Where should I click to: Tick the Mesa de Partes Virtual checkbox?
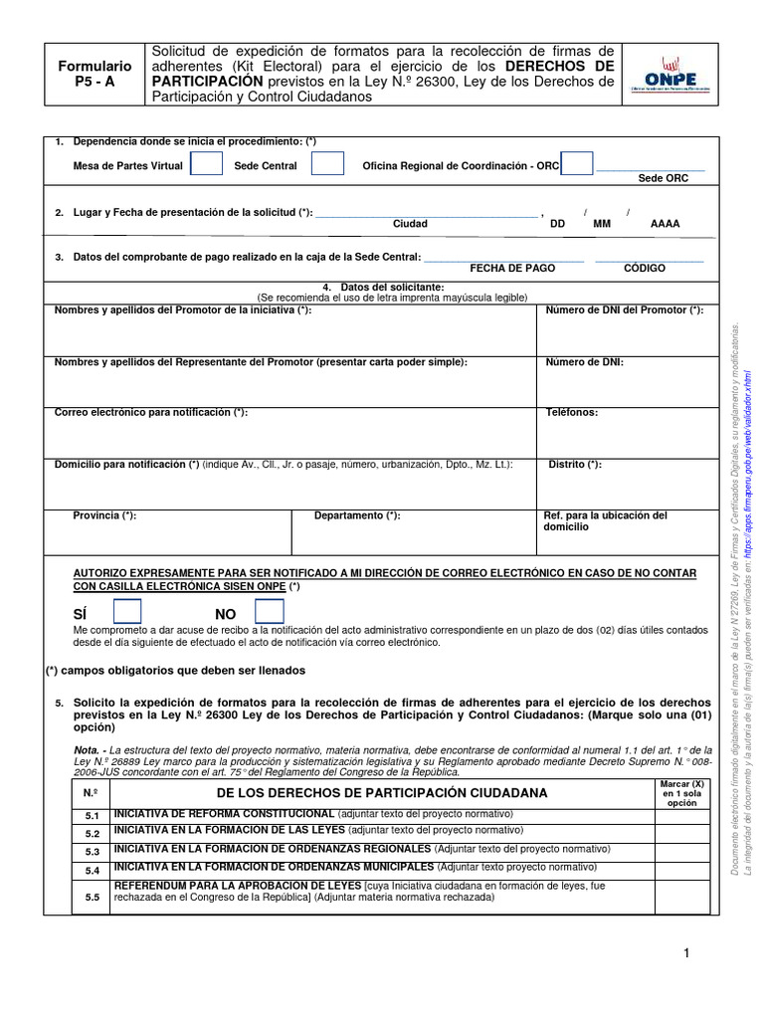206,165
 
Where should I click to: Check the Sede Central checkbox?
328,165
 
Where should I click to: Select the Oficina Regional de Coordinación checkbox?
577,165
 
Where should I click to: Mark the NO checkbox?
270,613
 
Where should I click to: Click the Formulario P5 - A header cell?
95,75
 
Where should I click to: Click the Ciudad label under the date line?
410,225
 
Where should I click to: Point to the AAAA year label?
665,225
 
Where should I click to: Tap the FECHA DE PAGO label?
512,269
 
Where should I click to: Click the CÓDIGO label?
645,269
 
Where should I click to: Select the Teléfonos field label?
572,412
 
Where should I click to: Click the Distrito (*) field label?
575,465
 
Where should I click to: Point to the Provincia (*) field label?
105,515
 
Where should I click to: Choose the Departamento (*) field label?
357,515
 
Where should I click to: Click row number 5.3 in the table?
93,852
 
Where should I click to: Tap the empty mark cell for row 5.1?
681,817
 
